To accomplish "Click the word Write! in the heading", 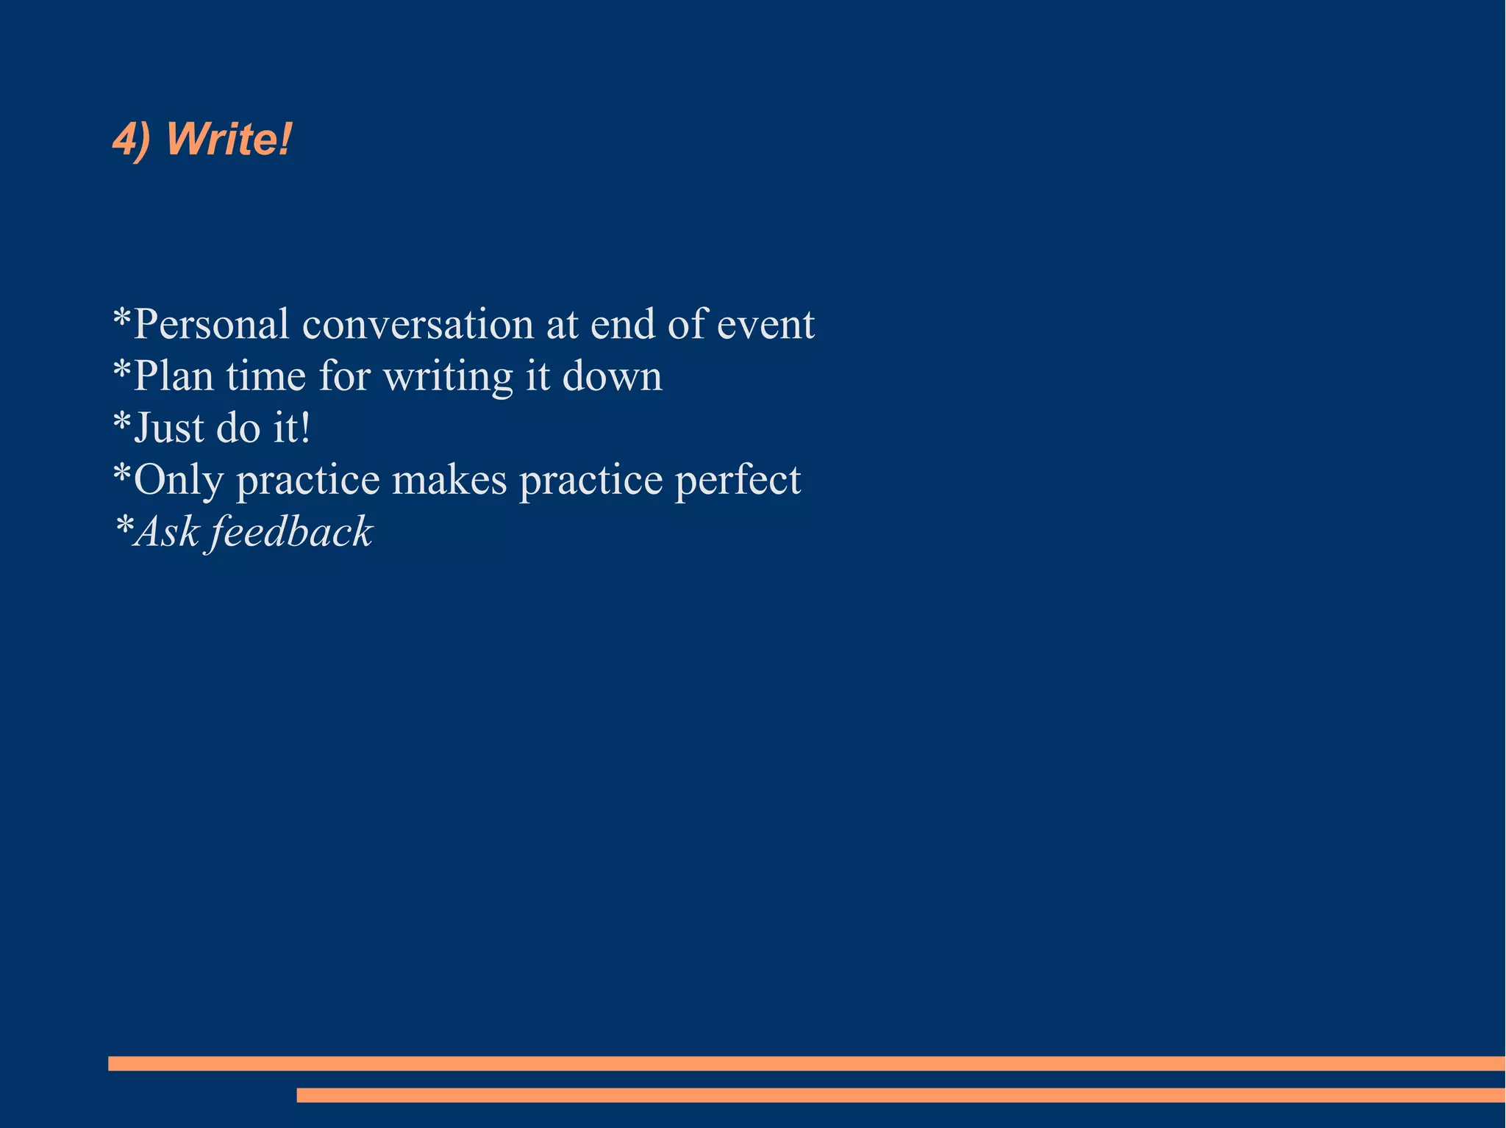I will pyautogui.click(x=229, y=138).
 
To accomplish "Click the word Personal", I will pyautogui.click(x=211, y=324).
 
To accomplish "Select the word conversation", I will pyautogui.click(x=418, y=324).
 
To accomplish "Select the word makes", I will pyautogui.click(x=449, y=480).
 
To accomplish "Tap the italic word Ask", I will pyautogui.click(x=168, y=531).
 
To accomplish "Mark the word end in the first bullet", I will pyautogui.click(x=624, y=324).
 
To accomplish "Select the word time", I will pyautogui.click(x=265, y=376).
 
